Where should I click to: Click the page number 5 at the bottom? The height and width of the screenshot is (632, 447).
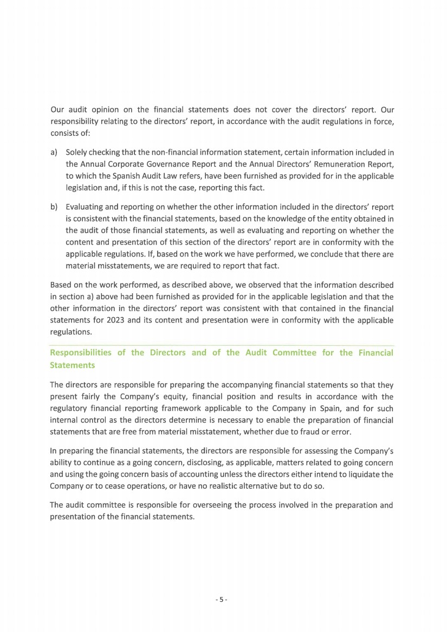(x=222, y=600)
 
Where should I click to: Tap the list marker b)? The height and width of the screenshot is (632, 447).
(x=54, y=207)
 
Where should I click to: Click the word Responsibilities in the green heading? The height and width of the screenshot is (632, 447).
(x=82, y=353)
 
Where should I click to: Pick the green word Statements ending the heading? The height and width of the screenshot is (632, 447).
(x=72, y=365)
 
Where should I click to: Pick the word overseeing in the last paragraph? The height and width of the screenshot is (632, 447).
(x=198, y=505)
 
